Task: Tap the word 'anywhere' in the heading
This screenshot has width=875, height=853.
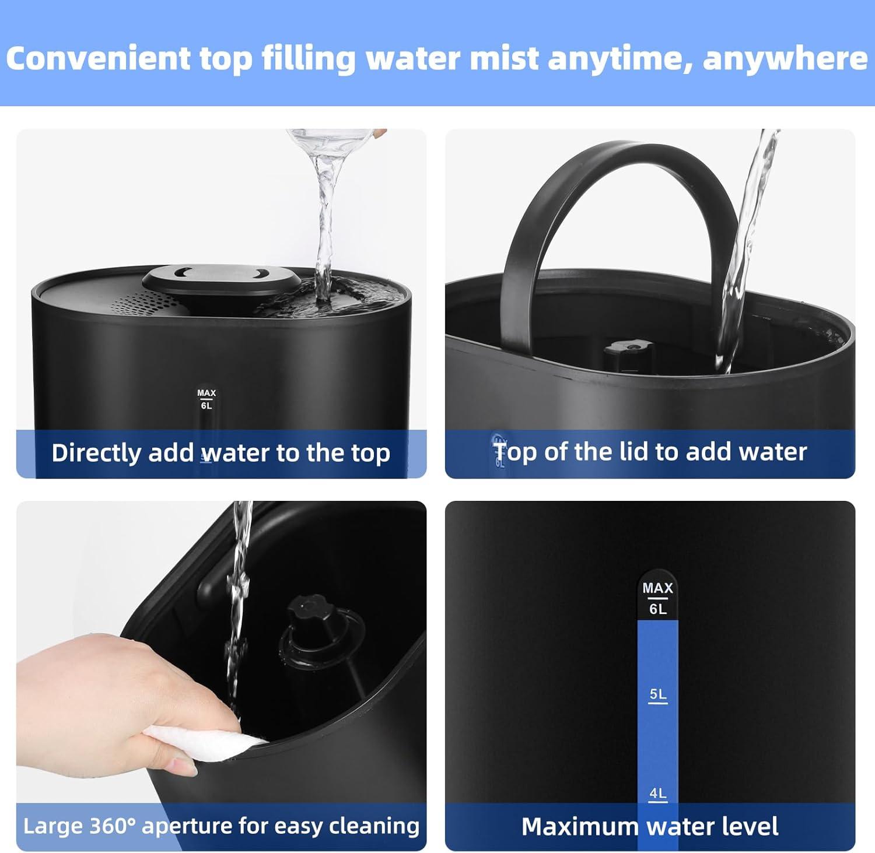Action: (x=785, y=59)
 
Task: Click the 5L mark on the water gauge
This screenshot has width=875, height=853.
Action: (x=657, y=694)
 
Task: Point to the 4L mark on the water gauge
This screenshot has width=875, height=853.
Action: (x=657, y=794)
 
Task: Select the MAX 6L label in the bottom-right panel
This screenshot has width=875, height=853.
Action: (x=657, y=598)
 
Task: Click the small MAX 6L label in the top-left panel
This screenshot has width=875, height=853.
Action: (x=206, y=399)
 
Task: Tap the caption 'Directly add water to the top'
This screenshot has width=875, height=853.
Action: (x=220, y=454)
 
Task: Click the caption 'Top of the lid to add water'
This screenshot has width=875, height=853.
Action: (x=650, y=452)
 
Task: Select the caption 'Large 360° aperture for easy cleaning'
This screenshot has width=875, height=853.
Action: (x=221, y=826)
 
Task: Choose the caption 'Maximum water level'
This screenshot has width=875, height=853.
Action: (x=649, y=827)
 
